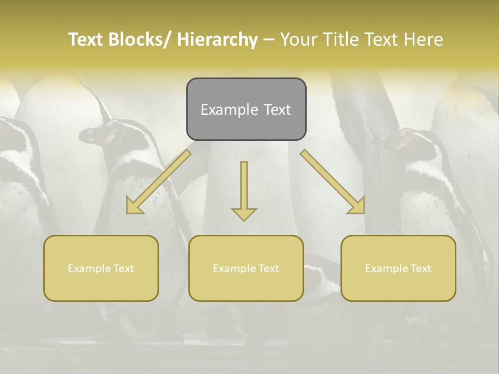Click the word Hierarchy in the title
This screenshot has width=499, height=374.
tap(217, 39)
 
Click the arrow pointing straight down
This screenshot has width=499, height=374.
tap(244, 187)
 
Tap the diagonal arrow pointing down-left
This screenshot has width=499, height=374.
tap(159, 182)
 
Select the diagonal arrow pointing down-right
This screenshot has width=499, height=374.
tap(333, 182)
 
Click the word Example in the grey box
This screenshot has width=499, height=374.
tap(229, 110)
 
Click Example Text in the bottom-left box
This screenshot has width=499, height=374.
tap(101, 269)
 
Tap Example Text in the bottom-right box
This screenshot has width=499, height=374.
tap(398, 269)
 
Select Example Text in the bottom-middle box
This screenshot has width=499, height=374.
tap(246, 269)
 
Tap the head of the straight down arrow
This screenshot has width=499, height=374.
tap(244, 213)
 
